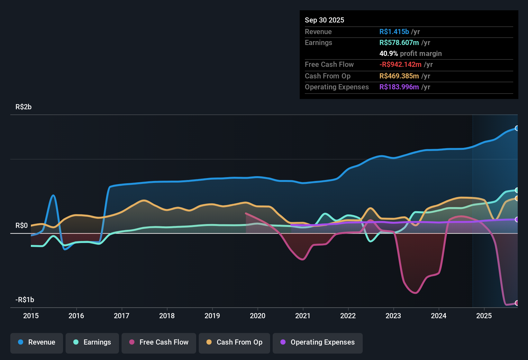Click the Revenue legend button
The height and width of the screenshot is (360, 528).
37,342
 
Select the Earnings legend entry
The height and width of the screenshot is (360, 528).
92,342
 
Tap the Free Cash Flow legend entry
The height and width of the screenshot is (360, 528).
159,342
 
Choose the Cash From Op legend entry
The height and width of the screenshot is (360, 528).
234,342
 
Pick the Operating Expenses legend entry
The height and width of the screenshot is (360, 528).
318,342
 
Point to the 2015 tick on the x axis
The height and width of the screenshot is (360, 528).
31,316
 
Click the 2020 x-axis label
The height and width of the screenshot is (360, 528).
258,316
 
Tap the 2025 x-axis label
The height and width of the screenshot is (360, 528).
484,316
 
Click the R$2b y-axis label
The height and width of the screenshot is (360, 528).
23,107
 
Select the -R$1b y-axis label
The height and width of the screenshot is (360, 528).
25,300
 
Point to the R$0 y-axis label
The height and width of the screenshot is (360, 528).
22,226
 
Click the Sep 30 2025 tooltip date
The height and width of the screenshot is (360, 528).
324,20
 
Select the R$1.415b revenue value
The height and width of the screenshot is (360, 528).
394,32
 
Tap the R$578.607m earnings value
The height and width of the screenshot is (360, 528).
399,42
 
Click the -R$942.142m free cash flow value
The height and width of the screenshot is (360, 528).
400,64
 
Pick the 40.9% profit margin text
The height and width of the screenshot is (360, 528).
410,53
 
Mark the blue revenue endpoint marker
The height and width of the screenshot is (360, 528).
517,128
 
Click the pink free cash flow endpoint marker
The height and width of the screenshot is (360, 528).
517,303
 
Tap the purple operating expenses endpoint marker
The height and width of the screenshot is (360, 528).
517,220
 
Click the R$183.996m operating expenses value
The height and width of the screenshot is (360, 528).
399,87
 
